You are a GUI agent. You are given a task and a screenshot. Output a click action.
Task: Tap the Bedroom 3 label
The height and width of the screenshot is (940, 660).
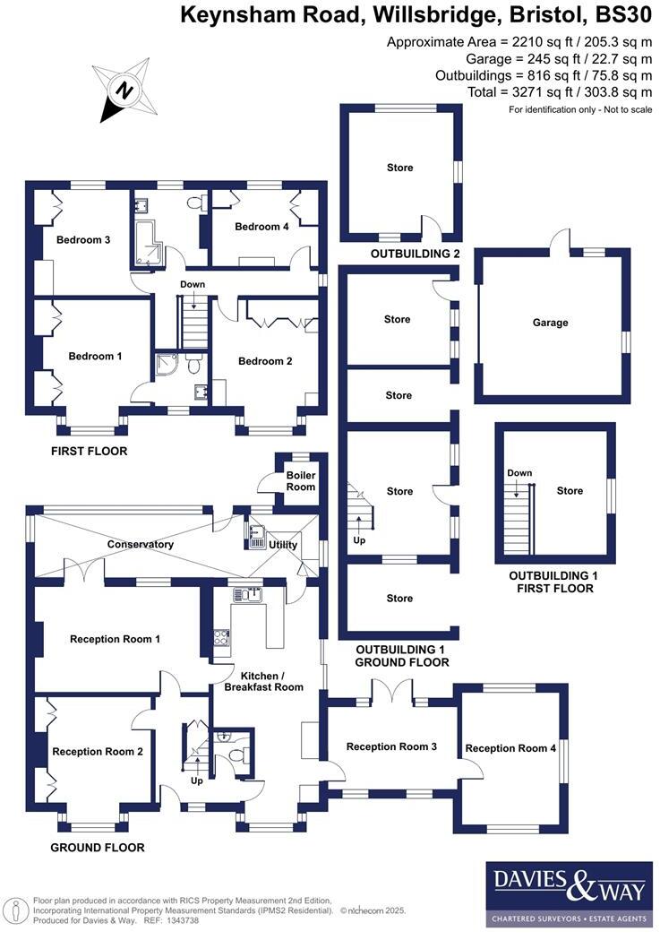(x=83, y=240)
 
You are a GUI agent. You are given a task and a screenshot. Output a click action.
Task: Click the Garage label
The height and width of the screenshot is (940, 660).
(x=550, y=323)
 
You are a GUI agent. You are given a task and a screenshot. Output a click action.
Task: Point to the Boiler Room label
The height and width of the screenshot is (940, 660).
(x=300, y=481)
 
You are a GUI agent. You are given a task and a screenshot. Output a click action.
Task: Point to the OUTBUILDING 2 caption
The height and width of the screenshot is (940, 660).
(x=402, y=254)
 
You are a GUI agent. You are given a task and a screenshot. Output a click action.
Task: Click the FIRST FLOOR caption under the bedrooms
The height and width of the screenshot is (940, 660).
(x=89, y=452)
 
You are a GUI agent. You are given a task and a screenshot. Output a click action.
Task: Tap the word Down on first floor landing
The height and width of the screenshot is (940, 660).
(x=193, y=285)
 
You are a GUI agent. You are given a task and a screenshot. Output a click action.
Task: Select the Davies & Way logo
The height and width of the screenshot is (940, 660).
(x=569, y=893)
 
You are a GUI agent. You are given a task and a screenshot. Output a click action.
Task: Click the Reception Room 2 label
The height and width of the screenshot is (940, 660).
(x=98, y=752)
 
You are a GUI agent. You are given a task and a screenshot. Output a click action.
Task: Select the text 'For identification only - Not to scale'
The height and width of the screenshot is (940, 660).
(x=579, y=109)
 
